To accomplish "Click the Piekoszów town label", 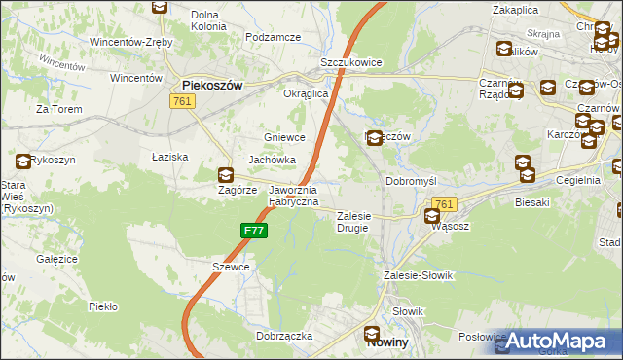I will pyautogui.click(x=211, y=85).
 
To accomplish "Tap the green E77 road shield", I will pyautogui.click(x=253, y=231).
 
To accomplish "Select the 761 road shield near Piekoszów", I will pyautogui.click(x=181, y=101).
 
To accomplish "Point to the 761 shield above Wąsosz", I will pyautogui.click(x=443, y=203).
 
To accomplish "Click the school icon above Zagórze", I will pyautogui.click(x=225, y=175).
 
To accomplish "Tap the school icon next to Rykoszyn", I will pyautogui.click(x=22, y=161).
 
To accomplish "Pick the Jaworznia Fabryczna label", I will pyautogui.click(x=293, y=196).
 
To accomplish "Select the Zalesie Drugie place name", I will pyautogui.click(x=357, y=222).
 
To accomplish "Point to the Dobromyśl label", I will pyautogui.click(x=416, y=182).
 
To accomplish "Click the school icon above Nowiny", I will pyautogui.click(x=374, y=334).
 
